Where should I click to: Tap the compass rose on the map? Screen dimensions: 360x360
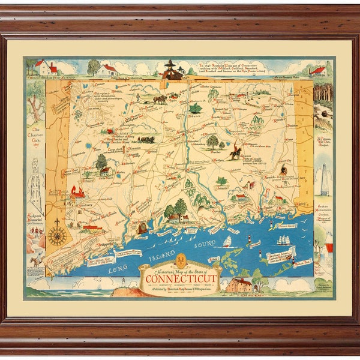tap(58, 235)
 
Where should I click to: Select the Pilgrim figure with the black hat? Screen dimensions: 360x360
tap(173, 70)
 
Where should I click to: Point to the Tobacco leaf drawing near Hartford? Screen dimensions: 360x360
tap(196, 108)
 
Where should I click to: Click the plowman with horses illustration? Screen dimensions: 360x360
tap(160, 98)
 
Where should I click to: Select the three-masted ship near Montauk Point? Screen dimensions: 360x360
tap(283, 240)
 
